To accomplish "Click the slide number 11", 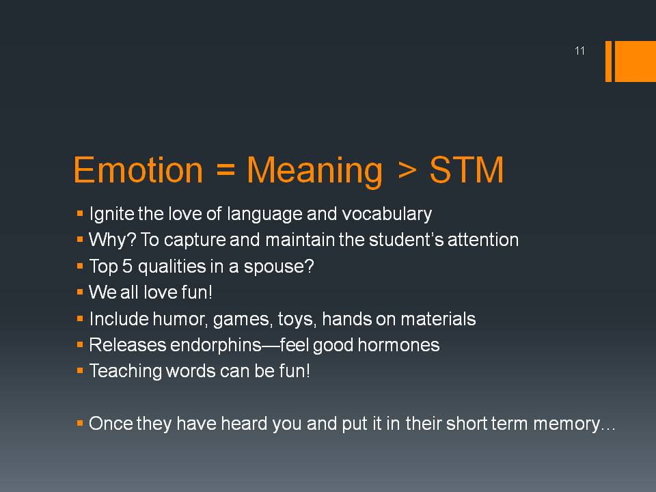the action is click(579, 51).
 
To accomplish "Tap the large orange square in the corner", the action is click(635, 61).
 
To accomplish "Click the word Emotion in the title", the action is click(138, 170).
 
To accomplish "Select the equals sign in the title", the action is click(226, 171).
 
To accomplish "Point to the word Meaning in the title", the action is click(314, 172).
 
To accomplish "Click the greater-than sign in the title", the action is click(408, 171).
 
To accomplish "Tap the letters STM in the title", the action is click(467, 170).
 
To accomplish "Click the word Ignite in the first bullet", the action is click(111, 214).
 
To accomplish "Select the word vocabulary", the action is click(387, 214).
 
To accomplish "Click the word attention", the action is click(483, 240).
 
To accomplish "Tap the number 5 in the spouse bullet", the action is click(127, 266).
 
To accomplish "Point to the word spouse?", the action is click(279, 267).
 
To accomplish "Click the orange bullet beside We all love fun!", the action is click(80, 292).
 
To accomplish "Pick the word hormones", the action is click(398, 345).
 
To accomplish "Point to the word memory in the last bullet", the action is click(566, 424).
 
